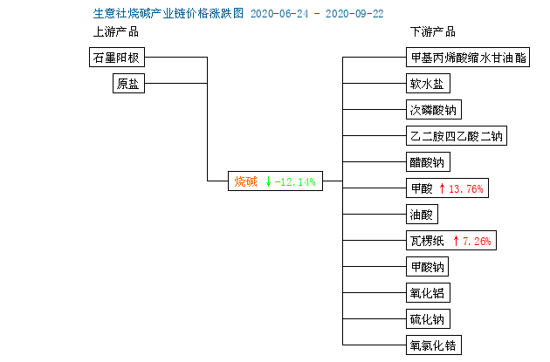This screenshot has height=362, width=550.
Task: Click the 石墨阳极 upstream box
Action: coord(117,57)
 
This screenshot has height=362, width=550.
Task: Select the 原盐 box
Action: coord(128,84)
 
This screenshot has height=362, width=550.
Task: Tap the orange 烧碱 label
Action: coord(245,181)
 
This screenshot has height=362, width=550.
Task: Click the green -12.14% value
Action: coord(295,182)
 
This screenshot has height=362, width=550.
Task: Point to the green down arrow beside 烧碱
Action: coord(268,181)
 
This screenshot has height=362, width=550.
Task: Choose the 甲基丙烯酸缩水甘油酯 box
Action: coord(468,58)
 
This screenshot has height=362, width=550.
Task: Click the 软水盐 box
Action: coord(428,84)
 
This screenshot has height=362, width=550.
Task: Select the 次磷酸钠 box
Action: coord(434,110)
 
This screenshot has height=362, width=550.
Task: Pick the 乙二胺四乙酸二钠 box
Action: coord(457,135)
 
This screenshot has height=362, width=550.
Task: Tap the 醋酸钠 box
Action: coord(428,162)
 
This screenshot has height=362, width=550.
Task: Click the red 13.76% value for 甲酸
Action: coord(466,189)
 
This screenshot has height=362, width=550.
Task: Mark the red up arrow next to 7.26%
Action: coord(456,241)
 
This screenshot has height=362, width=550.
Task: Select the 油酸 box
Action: coord(422,214)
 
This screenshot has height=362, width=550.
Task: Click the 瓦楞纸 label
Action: coord(427,241)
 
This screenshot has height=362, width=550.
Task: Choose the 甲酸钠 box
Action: coord(427,267)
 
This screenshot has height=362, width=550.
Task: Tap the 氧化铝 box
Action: coord(428,292)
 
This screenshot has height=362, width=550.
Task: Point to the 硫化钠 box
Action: coord(428,319)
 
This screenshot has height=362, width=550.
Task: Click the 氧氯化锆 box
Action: coord(434,345)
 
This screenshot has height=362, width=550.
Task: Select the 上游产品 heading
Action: coord(116,32)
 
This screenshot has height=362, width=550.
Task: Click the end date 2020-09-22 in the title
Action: coord(354,14)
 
